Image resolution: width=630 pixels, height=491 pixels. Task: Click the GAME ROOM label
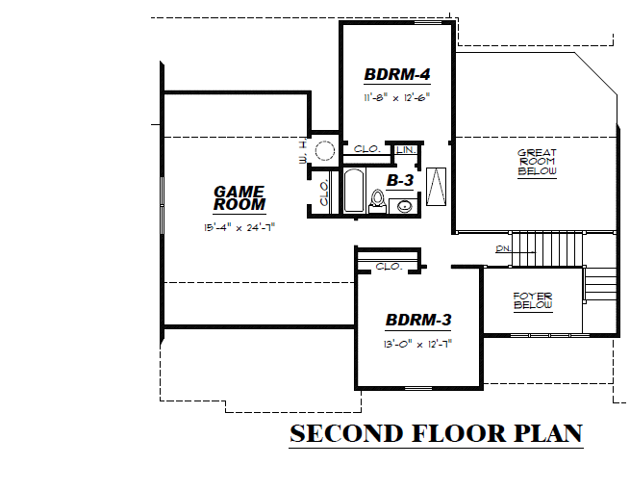tap(239, 198)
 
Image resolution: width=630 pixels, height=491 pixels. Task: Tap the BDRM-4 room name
tap(396, 75)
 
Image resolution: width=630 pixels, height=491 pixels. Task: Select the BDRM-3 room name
tap(418, 321)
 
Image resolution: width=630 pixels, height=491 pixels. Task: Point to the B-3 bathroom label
tap(400, 180)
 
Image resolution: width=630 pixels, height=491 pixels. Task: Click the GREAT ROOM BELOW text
tap(537, 162)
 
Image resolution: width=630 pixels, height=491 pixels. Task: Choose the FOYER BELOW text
tap(532, 300)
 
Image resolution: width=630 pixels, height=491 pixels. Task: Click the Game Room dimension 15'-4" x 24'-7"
tap(239, 228)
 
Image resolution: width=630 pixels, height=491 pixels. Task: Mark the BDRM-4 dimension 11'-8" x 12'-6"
tap(396, 97)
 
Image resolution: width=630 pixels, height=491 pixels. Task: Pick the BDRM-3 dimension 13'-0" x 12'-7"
tap(418, 342)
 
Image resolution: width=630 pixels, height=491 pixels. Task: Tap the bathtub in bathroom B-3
tap(353, 191)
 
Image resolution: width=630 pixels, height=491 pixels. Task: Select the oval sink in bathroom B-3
tap(406, 203)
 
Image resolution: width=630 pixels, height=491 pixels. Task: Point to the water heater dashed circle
tap(324, 149)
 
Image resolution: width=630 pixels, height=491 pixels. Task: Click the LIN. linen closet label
tap(405, 150)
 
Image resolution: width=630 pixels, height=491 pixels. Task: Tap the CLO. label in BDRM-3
tap(389, 267)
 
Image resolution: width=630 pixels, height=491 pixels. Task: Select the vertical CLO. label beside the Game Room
tap(324, 193)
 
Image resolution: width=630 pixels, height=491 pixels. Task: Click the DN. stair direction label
tap(502, 249)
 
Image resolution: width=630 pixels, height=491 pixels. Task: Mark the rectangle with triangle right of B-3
tap(436, 185)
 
